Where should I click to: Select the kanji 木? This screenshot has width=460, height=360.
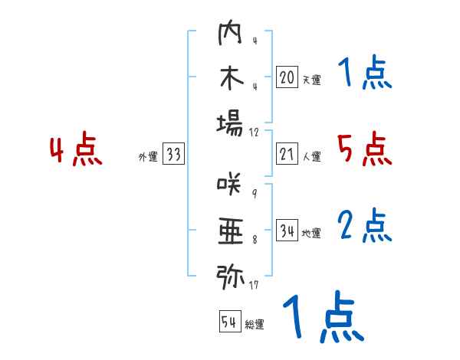pyautogui.click(x=230, y=80)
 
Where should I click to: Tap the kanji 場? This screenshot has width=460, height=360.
pyautogui.click(x=230, y=123)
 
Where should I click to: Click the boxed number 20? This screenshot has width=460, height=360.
pyautogui.click(x=287, y=77)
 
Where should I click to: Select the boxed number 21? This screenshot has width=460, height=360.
pyautogui.click(x=287, y=154)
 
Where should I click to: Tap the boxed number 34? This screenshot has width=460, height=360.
pyautogui.click(x=287, y=231)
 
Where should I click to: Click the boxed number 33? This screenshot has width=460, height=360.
pyautogui.click(x=173, y=155)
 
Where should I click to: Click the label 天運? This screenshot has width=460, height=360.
pyautogui.click(x=311, y=80)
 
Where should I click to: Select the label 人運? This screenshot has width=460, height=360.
pyautogui.click(x=311, y=156)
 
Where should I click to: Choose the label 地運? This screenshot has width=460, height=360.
pyautogui.click(x=311, y=233)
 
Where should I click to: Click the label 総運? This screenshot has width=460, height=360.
pyautogui.click(x=255, y=325)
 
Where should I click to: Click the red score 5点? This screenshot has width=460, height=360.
pyautogui.click(x=364, y=149)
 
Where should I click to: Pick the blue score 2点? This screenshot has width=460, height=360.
pyautogui.click(x=366, y=226)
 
